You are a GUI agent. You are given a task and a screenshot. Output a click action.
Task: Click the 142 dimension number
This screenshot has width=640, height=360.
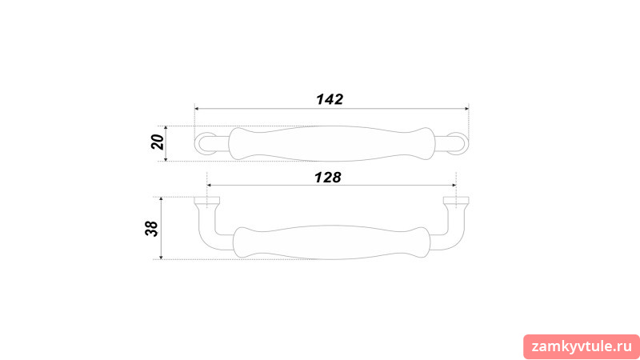330,99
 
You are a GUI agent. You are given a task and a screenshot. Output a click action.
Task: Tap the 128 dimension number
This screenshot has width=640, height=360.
328,178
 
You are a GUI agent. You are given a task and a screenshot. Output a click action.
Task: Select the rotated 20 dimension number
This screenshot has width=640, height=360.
158,142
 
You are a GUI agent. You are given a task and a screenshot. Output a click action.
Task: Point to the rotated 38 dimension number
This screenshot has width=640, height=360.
151,229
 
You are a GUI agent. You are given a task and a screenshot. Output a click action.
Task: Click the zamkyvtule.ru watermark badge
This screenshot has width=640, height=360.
582,347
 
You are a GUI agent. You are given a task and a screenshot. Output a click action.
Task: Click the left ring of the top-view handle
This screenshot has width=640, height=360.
197,144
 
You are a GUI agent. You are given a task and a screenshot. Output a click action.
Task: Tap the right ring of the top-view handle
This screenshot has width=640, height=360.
466,144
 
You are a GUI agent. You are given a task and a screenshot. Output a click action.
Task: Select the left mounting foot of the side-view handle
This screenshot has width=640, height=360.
207,201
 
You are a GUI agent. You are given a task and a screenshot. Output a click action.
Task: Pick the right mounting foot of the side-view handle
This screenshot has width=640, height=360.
456,201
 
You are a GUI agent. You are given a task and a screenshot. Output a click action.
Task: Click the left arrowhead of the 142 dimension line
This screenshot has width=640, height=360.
196,109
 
